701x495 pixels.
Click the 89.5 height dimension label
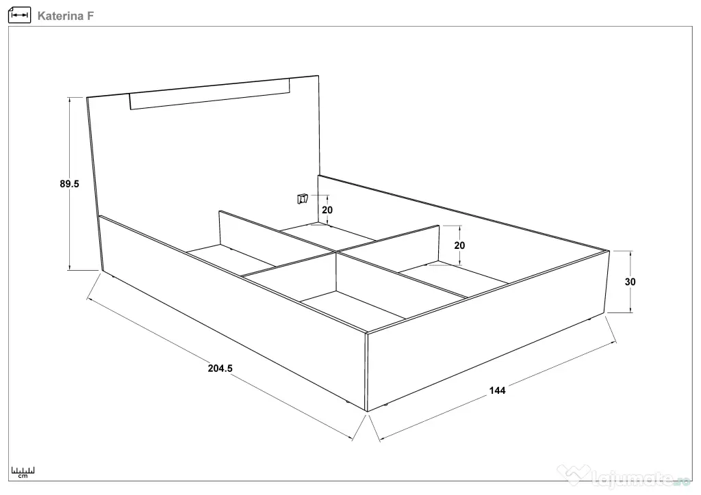pos(69,184)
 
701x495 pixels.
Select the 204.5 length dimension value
pos(220,369)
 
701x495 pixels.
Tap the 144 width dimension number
pos(497,390)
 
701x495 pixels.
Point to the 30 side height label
pos(630,282)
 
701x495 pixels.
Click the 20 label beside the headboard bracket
pos(327,210)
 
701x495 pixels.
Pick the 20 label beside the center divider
pos(459,245)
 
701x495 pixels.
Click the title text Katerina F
pos(66,16)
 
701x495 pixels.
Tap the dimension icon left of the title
pos(19,15)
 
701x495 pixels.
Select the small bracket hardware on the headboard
pos(303,199)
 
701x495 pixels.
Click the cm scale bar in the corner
pos(23,472)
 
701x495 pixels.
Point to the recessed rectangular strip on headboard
pos(209,94)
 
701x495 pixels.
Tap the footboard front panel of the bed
pos(487,330)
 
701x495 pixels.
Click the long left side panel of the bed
pos(233,312)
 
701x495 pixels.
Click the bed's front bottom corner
pos(367,411)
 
